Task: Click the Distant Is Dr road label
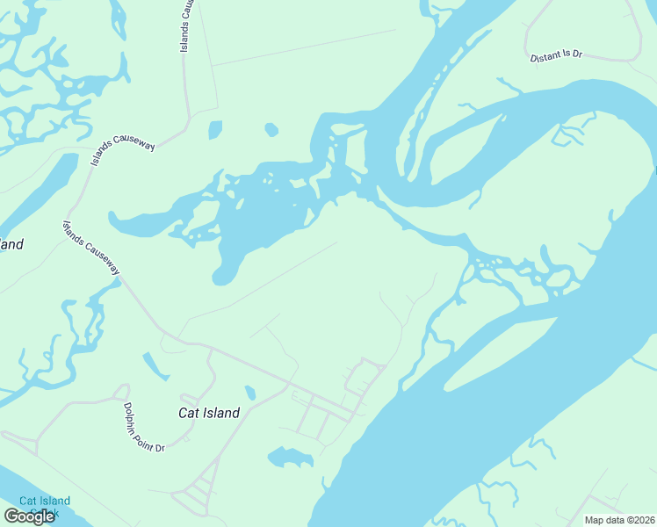pyautogui.click(x=556, y=56)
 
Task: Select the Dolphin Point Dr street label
pyautogui.click(x=142, y=427)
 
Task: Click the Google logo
pyautogui.click(x=29, y=516)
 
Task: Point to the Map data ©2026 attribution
pyautogui.click(x=619, y=520)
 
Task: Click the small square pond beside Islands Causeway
pyautogui.click(x=215, y=130)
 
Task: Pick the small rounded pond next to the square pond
pyautogui.click(x=271, y=130)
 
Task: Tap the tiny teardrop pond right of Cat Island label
pyautogui.click(x=250, y=393)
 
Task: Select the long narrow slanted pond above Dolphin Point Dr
pyautogui.click(x=155, y=365)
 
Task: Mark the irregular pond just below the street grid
pyautogui.click(x=291, y=457)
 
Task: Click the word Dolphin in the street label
pyautogui.click(x=131, y=414)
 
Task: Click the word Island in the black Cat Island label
pyautogui.click(x=220, y=412)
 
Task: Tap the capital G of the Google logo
pyautogui.click(x=11, y=516)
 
